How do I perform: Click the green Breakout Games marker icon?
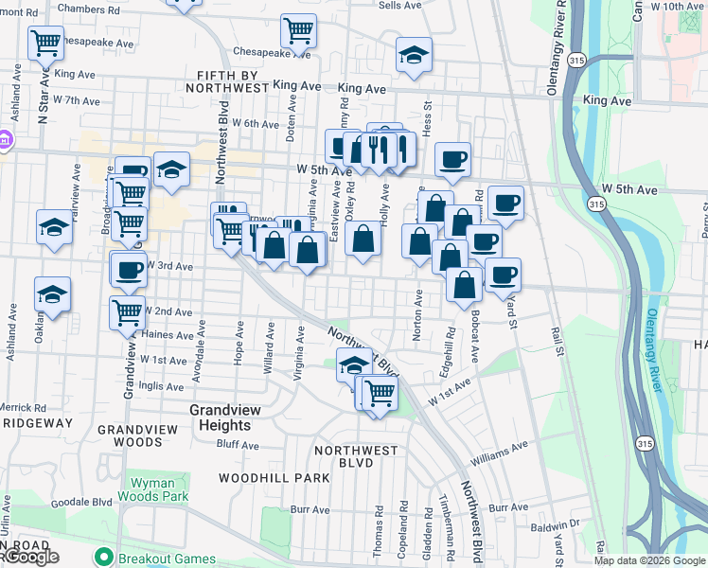pyautogui.click(x=103, y=558)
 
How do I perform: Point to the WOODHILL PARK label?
pyautogui.click(x=274, y=478)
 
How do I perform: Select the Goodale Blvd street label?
pyautogui.click(x=81, y=504)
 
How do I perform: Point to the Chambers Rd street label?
pyautogui.click(x=90, y=9)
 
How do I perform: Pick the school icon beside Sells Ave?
pyautogui.click(x=414, y=54)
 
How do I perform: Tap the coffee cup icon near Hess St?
pyautogui.click(x=452, y=158)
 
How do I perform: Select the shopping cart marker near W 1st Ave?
pyautogui.click(x=380, y=391)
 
